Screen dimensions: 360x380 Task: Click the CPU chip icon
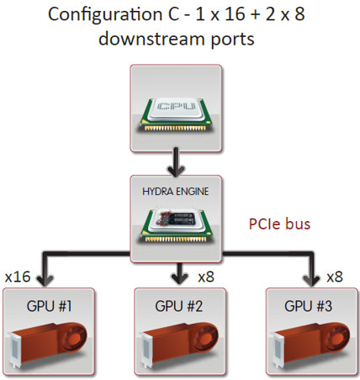pyautogui.click(x=176, y=114)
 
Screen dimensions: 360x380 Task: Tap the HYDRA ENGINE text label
pyautogui.click(x=176, y=192)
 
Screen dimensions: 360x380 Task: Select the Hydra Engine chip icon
pyautogui.click(x=177, y=225)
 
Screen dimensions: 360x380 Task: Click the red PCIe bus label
pyautogui.click(x=279, y=224)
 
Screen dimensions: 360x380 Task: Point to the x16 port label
pyautogui.click(x=18, y=277)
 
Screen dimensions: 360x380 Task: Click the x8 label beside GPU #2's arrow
pyautogui.click(x=206, y=277)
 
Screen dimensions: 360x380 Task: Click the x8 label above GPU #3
pyautogui.click(x=335, y=277)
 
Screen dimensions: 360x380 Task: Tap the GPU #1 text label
pyautogui.click(x=50, y=306)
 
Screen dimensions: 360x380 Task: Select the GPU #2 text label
pyautogui.click(x=179, y=306)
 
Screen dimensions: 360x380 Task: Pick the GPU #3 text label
pyautogui.click(x=309, y=306)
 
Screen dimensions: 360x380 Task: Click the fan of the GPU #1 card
pyautogui.click(x=74, y=337)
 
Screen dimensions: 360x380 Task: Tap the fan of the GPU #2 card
pyautogui.click(x=205, y=337)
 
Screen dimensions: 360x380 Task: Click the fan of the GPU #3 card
pyautogui.click(x=336, y=337)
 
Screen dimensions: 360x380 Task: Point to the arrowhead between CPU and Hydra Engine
pyautogui.click(x=176, y=171)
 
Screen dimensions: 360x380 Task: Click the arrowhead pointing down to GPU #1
pyautogui.click(x=45, y=280)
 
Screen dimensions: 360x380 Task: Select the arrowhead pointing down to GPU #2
pyautogui.click(x=179, y=278)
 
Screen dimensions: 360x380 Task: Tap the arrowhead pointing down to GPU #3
pyautogui.click(x=311, y=280)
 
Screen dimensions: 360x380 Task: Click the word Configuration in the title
pyautogui.click(x=105, y=15)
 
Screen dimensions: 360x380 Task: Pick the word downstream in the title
pyautogui.click(x=151, y=39)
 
